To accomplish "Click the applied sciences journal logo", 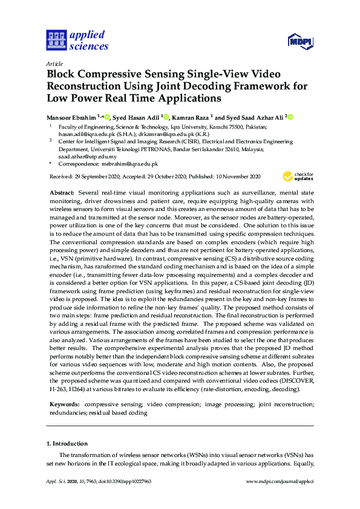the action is pyautogui.click(x=77, y=41).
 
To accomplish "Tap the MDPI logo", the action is pyautogui.click(x=300, y=41).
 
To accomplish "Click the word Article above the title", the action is pyautogui.click(x=55, y=63).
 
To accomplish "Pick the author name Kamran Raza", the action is pyautogui.click(x=189, y=117).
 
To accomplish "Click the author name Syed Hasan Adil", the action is pyautogui.click(x=136, y=117).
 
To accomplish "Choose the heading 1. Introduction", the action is pyautogui.click(x=67, y=443).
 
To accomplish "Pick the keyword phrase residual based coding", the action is pyautogui.click(x=118, y=412).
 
